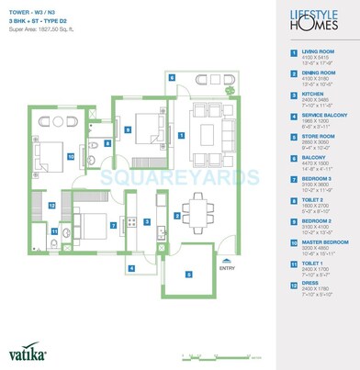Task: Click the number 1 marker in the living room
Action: point(182,135)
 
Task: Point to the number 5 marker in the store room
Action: point(188,274)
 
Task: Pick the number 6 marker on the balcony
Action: point(171,76)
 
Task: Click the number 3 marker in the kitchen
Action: point(147,221)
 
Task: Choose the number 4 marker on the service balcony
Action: point(131,267)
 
